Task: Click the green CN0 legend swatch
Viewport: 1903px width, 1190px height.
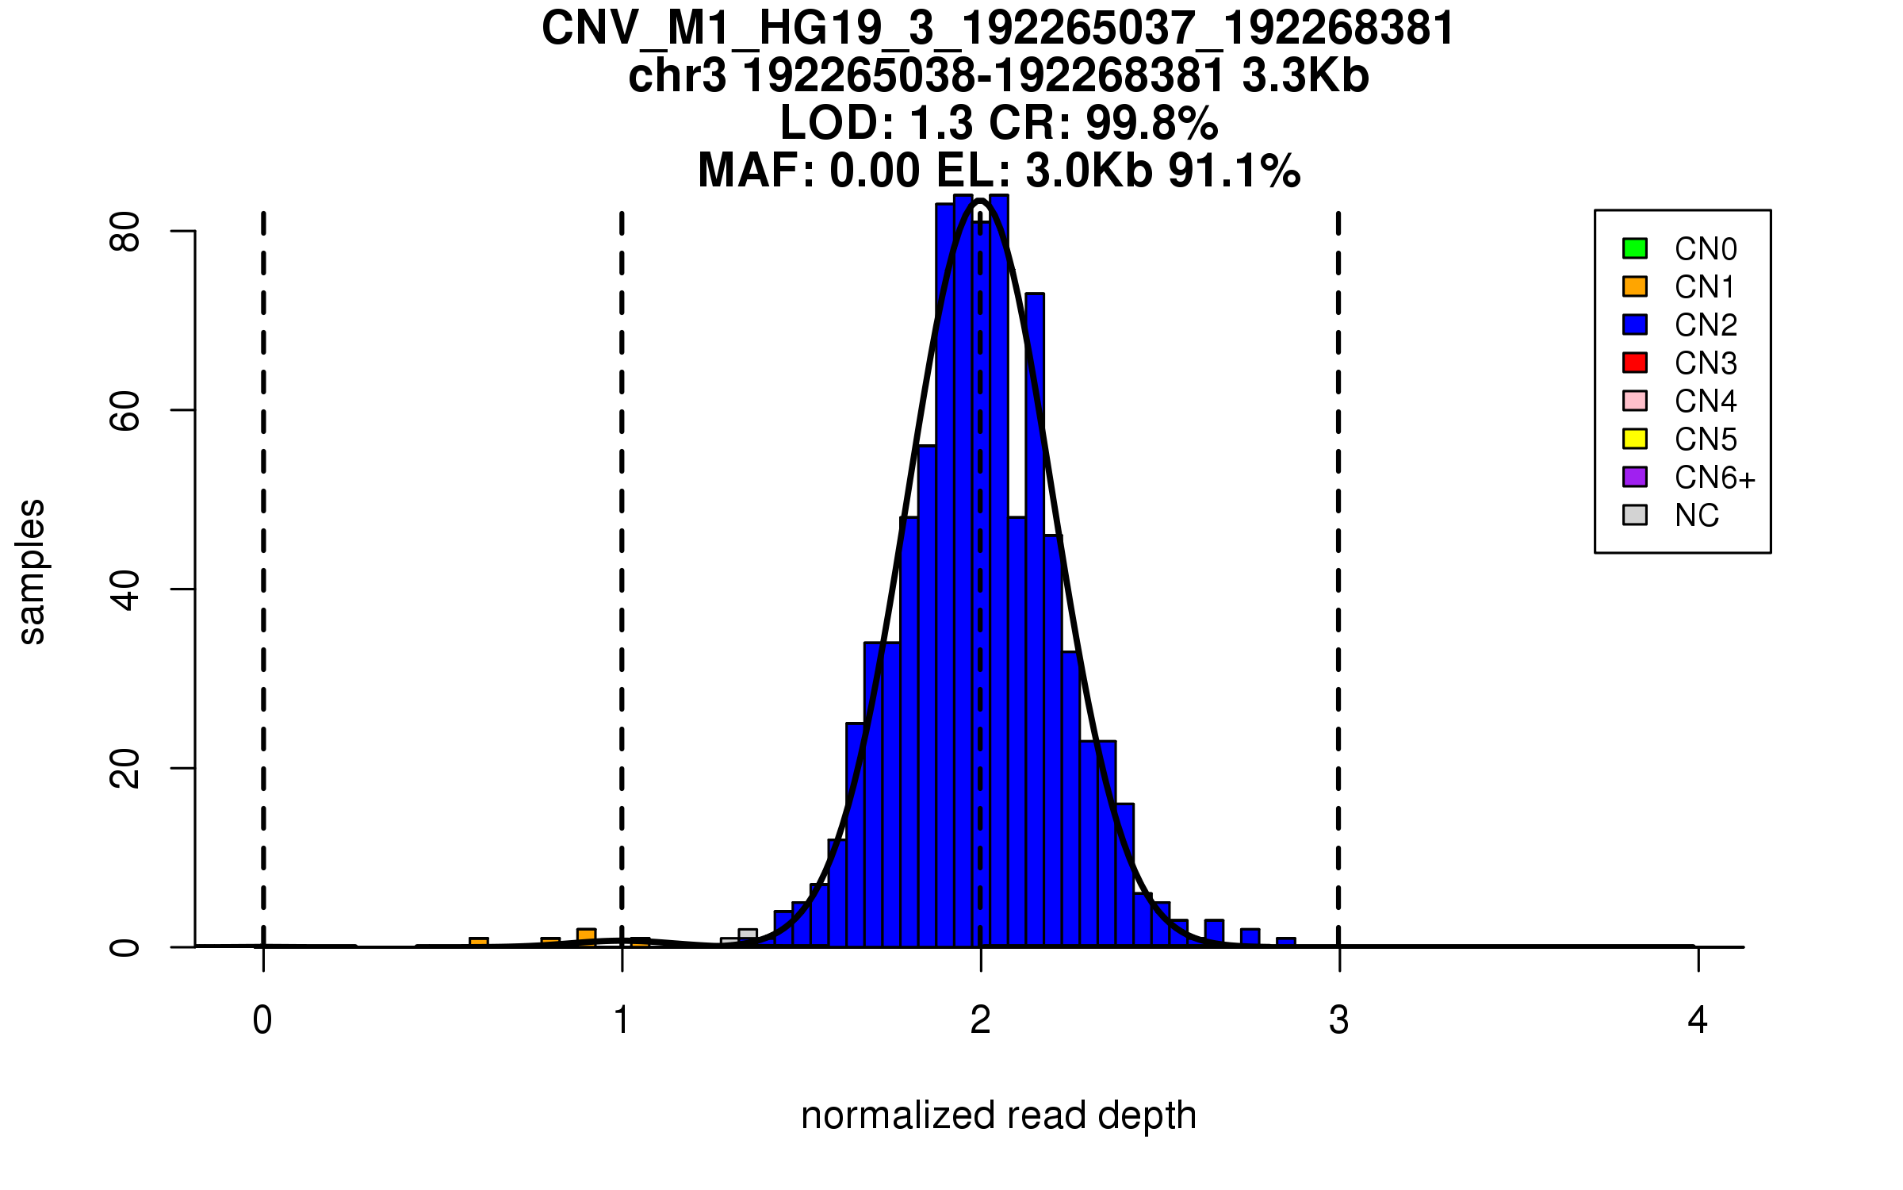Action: [1635, 248]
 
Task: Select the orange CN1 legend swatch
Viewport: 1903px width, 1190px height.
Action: [1635, 286]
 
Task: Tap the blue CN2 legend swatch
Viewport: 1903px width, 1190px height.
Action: [1635, 324]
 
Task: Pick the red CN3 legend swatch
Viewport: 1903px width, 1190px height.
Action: [1635, 363]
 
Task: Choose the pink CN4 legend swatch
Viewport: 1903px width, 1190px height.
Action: [1635, 401]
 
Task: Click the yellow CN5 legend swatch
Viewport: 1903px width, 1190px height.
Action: [1635, 439]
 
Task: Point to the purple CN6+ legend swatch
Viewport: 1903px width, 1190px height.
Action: [1635, 477]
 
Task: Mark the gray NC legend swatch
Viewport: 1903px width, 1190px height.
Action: [1635, 515]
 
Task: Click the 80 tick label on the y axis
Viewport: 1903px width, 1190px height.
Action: [124, 232]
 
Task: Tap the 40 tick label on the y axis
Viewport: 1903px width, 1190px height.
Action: [124, 589]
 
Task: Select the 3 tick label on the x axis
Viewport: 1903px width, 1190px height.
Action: [1339, 1020]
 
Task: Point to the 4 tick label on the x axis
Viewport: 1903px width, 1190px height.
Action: [1698, 1020]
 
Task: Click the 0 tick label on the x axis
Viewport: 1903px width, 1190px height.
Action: [262, 1020]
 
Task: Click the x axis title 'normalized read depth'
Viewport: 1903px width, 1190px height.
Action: [998, 1116]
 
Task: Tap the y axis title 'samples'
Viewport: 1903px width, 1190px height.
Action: [32, 571]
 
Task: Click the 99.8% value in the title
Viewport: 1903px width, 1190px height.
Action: [1151, 123]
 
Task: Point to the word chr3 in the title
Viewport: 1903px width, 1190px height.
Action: [677, 76]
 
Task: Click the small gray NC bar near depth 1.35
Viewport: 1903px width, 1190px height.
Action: [748, 936]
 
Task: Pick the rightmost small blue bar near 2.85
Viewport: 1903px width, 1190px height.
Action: [1285, 942]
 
